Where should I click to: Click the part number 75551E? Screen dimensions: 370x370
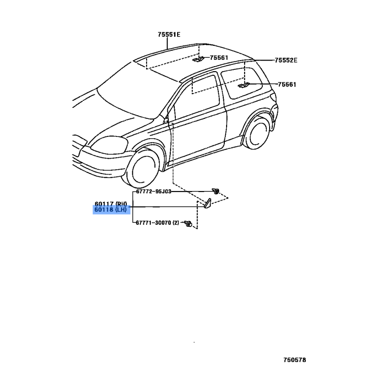coord(169,34)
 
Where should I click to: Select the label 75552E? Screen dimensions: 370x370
coord(285,60)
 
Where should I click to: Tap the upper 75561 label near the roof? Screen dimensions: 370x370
coord(219,58)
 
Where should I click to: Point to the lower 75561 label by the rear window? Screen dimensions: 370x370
coord(287,85)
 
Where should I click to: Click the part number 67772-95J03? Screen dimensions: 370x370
coord(153,191)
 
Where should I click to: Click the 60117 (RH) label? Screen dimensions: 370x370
coord(111,203)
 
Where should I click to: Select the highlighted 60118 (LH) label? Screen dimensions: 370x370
coord(111,210)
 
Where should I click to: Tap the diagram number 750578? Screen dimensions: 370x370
coord(295,359)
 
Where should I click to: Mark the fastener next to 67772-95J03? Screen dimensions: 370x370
coord(215,191)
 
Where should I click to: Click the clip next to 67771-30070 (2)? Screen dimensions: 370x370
coord(188,224)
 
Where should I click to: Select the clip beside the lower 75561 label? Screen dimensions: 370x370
coord(244,85)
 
